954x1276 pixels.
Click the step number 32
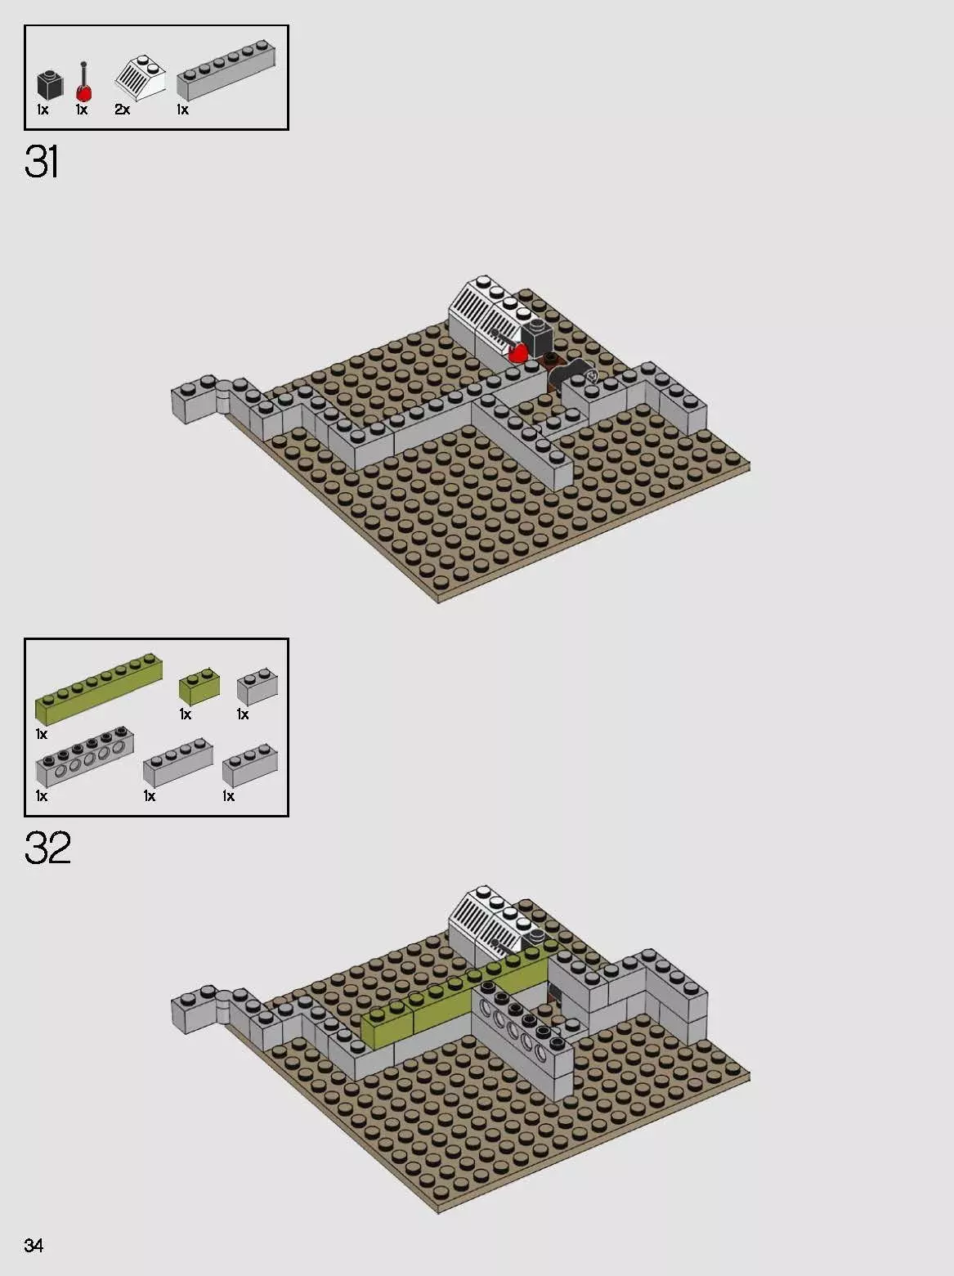[x=47, y=848]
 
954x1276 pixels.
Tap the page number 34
[x=34, y=1245]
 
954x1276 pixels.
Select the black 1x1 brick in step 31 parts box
[x=49, y=85]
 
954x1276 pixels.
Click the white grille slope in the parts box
[x=141, y=78]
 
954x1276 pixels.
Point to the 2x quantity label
[x=122, y=110]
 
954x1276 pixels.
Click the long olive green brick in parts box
[x=98, y=688]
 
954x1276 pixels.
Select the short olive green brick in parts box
[x=199, y=687]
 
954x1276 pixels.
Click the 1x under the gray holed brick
[x=41, y=796]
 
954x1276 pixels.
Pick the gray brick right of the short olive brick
[x=257, y=687]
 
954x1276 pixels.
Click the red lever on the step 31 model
[x=517, y=353]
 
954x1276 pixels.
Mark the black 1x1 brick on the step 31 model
[x=537, y=336]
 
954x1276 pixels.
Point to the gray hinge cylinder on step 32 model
[x=222, y=1007]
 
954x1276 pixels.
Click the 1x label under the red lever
[x=81, y=110]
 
